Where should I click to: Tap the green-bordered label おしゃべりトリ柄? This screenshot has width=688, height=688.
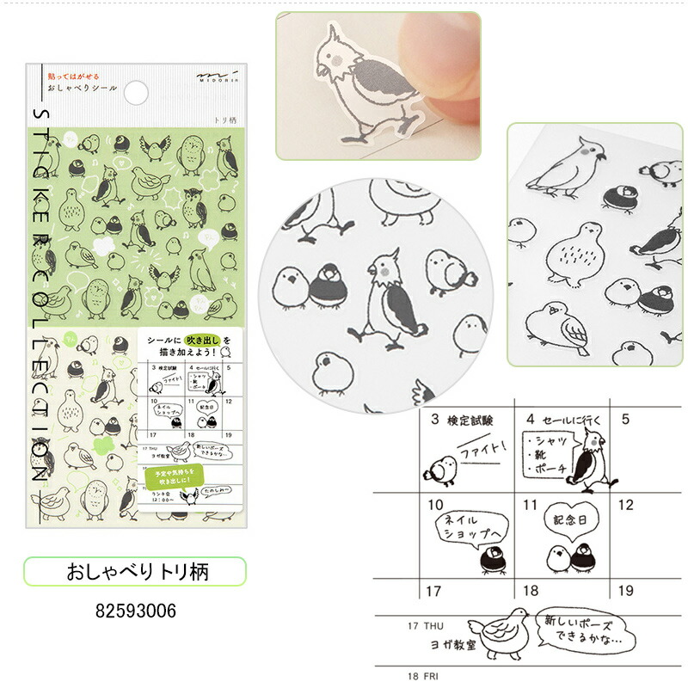[134, 571]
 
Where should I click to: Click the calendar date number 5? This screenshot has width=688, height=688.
[625, 420]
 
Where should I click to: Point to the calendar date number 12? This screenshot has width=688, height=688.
[626, 505]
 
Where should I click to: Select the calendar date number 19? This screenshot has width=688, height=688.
[626, 590]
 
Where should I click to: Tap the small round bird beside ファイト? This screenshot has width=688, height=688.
[439, 469]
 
